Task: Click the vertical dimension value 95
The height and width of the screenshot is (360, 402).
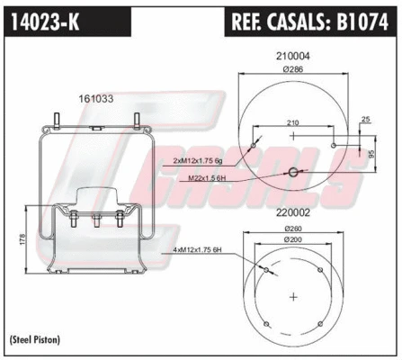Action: click(x=371, y=153)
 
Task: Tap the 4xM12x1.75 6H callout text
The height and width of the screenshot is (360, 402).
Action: click(x=204, y=262)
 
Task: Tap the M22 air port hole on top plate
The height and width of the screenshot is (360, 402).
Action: click(x=293, y=173)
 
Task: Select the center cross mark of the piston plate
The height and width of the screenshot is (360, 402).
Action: click(x=294, y=296)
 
